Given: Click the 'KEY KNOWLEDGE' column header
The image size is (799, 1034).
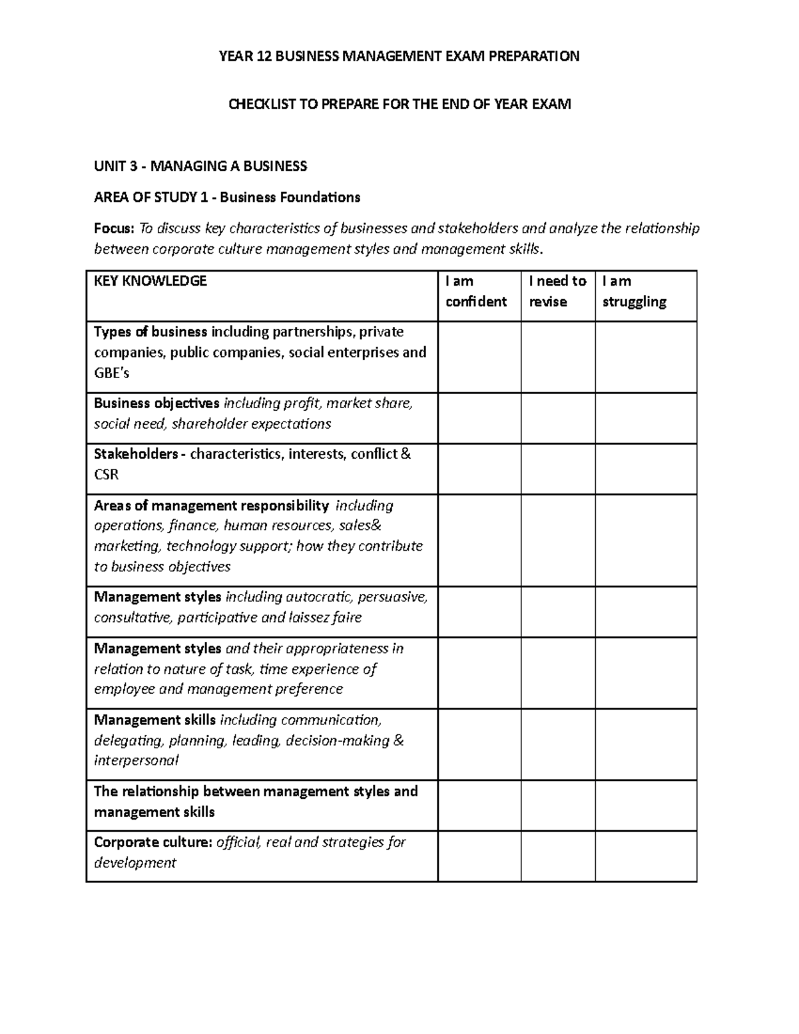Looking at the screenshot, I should [150, 281].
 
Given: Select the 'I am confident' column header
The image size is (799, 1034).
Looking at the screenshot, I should [476, 292].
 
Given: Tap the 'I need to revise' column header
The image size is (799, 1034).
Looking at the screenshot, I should [557, 292].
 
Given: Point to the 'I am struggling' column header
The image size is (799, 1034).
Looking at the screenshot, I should [634, 292].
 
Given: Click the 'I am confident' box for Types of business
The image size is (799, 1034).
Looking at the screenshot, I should [479, 357].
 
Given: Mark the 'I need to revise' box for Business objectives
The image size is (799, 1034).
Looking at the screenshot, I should [558, 418].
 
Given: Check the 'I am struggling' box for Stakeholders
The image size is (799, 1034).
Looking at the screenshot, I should [646, 469].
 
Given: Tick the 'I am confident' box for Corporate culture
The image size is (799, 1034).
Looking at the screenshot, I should [479, 856].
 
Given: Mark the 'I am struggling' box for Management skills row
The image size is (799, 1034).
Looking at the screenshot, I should [646, 744].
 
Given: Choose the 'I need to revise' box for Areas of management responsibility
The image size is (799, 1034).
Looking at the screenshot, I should [558, 540].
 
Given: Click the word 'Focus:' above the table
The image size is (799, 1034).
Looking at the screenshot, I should [114, 229].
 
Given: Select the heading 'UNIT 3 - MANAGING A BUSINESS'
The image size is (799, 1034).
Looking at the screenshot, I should [200, 166].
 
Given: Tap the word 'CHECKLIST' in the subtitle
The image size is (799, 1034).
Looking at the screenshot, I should [258, 105].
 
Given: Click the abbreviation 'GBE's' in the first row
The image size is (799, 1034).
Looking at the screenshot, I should [111, 373].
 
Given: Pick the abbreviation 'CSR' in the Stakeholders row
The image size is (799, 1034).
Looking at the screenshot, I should [107, 475].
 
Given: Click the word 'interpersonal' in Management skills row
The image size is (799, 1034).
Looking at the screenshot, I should [136, 760].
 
